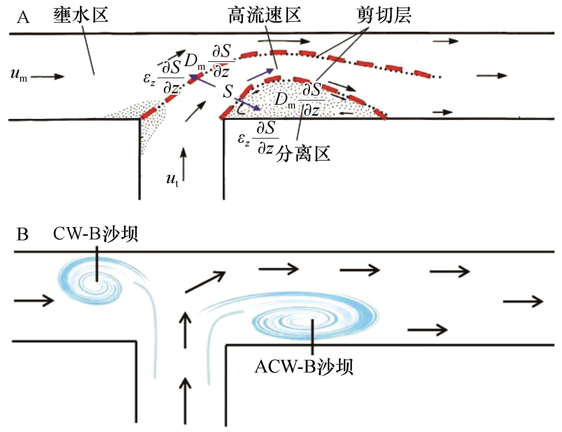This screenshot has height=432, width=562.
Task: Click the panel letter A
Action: click(23, 18)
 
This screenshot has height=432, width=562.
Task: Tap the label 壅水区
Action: click(81, 15)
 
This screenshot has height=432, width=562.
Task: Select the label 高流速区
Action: click(264, 15)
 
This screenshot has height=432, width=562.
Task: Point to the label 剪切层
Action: click(384, 15)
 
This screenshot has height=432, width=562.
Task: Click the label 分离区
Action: click(303, 154)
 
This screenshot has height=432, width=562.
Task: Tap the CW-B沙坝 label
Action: click(95, 234)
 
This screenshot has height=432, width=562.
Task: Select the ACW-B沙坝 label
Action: click(304, 367)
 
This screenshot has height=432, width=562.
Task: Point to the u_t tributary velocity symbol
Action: click(172, 180)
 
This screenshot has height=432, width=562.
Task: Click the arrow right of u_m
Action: click(48, 76)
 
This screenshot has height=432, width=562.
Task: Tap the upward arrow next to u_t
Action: click(183, 163)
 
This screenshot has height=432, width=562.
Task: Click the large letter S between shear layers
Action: click(228, 91)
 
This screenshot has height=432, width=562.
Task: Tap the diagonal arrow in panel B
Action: click(205, 282)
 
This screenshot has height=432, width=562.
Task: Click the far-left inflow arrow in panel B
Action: click(34, 300)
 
